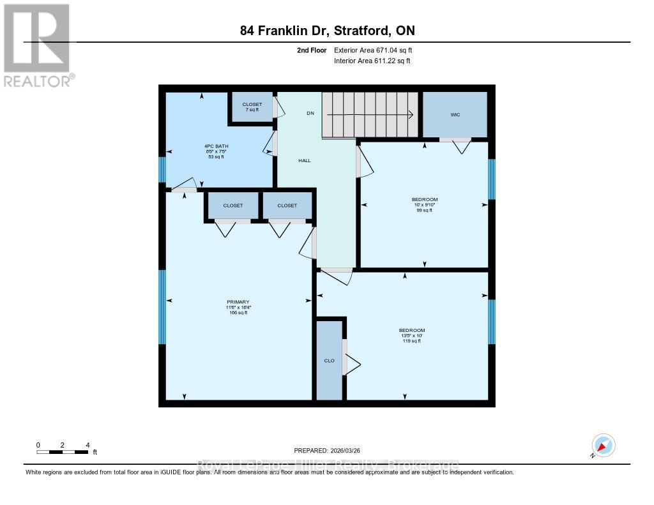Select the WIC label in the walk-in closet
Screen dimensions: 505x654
[455, 115]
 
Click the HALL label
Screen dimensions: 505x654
[305, 160]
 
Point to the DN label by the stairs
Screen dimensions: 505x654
[310, 113]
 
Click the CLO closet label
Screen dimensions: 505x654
[330, 361]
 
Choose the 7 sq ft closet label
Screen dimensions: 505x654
[251, 109]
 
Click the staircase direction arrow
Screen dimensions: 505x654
[370, 115]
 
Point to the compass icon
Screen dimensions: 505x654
[602, 445]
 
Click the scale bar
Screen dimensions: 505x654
[63, 452]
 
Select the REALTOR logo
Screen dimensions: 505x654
[38, 45]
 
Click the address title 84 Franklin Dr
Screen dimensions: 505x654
[326, 30]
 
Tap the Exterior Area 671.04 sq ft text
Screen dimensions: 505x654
[377, 50]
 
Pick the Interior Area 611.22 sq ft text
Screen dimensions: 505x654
[372, 61]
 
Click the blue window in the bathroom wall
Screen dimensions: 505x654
[162, 170]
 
